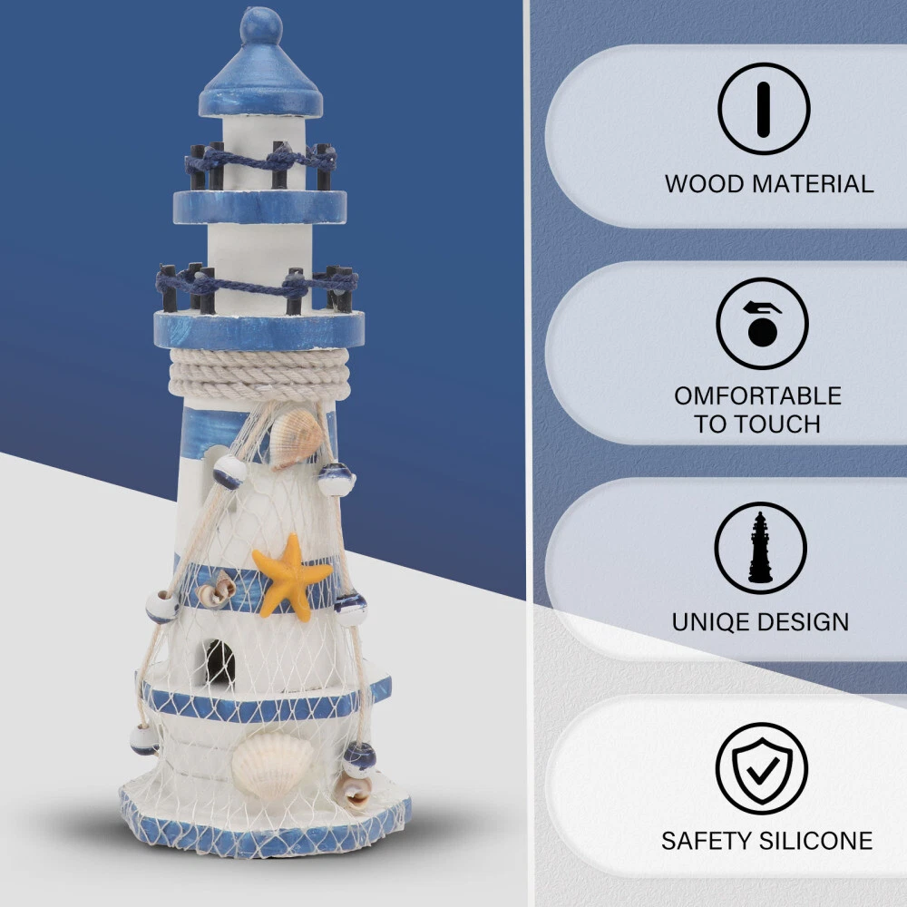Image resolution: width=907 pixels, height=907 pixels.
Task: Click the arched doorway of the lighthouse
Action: coord(219,663)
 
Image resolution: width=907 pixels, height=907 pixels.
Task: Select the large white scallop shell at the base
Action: coord(272,766)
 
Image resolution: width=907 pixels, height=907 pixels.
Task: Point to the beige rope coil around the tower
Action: coord(259,375)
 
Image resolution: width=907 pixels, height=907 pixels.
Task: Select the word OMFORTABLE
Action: coord(757,396)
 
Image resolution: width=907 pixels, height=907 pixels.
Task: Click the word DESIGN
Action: coord(799,622)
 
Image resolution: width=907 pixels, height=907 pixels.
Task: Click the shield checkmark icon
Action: coord(762,769)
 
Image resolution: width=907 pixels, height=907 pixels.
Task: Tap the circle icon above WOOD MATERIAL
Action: coord(764,109)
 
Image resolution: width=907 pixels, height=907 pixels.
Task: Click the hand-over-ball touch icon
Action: coord(762,324)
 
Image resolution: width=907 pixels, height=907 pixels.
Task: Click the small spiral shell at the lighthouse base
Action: coord(354,792)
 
